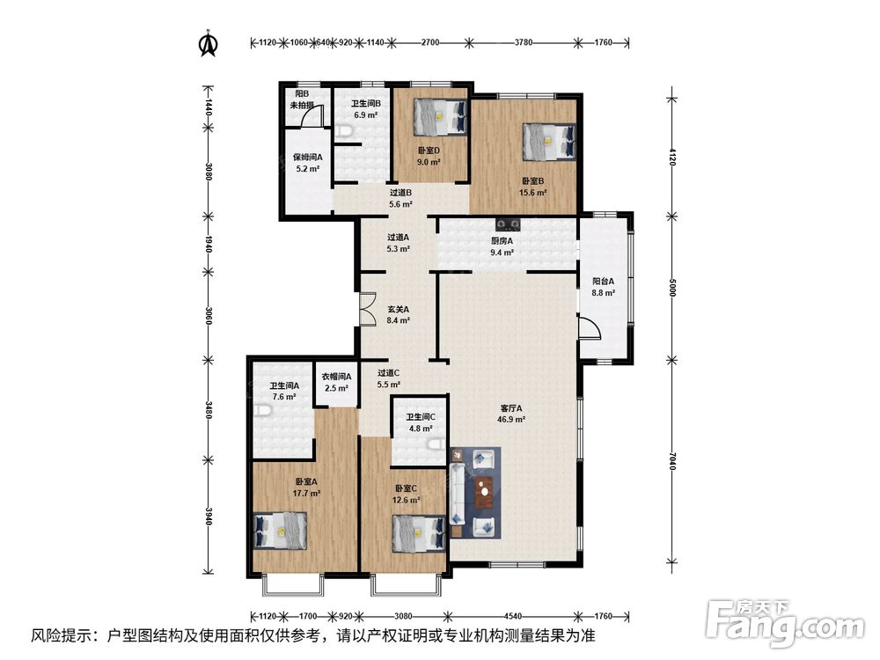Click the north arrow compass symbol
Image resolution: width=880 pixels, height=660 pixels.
pyautogui.click(x=209, y=44)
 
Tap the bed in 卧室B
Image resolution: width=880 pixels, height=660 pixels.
pyautogui.click(x=549, y=142)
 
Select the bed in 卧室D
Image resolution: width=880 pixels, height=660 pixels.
pyautogui.click(x=441, y=117)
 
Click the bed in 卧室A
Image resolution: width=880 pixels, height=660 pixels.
pyautogui.click(x=281, y=531)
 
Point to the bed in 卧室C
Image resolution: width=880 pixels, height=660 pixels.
pyautogui.click(x=419, y=534)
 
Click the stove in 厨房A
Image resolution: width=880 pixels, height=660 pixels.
pyautogui.click(x=508, y=224)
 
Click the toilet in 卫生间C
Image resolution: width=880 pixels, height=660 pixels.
pyautogui.click(x=438, y=445)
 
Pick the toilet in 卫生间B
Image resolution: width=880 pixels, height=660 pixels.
pyautogui.click(x=344, y=131)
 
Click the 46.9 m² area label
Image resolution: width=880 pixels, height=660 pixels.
pyautogui.click(x=510, y=420)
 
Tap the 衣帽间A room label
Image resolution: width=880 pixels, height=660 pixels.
pyautogui.click(x=336, y=377)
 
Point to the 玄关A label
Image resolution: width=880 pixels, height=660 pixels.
pyautogui.click(x=398, y=309)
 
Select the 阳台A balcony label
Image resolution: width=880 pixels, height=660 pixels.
pyautogui.click(x=604, y=282)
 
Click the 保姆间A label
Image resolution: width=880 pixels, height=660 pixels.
pyautogui.click(x=307, y=158)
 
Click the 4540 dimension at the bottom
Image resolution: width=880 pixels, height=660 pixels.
pyautogui.click(x=513, y=616)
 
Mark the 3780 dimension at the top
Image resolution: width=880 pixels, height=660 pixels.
pyautogui.click(x=524, y=42)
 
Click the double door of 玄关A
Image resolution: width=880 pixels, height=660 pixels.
pyautogui.click(x=368, y=309)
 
